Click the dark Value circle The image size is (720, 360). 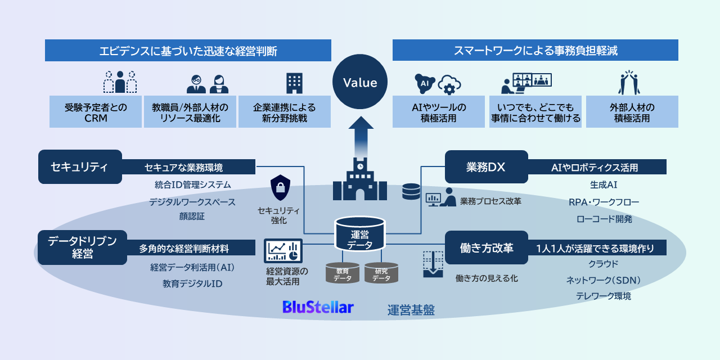[360, 83]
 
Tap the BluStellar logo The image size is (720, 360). [318, 307]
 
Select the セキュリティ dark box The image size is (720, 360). [80, 166]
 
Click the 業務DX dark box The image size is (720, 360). [486, 166]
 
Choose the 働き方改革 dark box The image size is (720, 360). [486, 247]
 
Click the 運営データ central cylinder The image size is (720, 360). [359, 234]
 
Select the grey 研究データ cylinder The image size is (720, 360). [381, 272]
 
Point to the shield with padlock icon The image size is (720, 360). [280, 188]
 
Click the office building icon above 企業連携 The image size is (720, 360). [294, 83]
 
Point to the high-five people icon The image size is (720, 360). [632, 82]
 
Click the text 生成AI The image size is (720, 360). [604, 184]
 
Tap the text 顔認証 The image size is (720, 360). [192, 215]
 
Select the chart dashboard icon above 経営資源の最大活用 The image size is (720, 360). [283, 250]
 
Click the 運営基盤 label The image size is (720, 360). [411, 310]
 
